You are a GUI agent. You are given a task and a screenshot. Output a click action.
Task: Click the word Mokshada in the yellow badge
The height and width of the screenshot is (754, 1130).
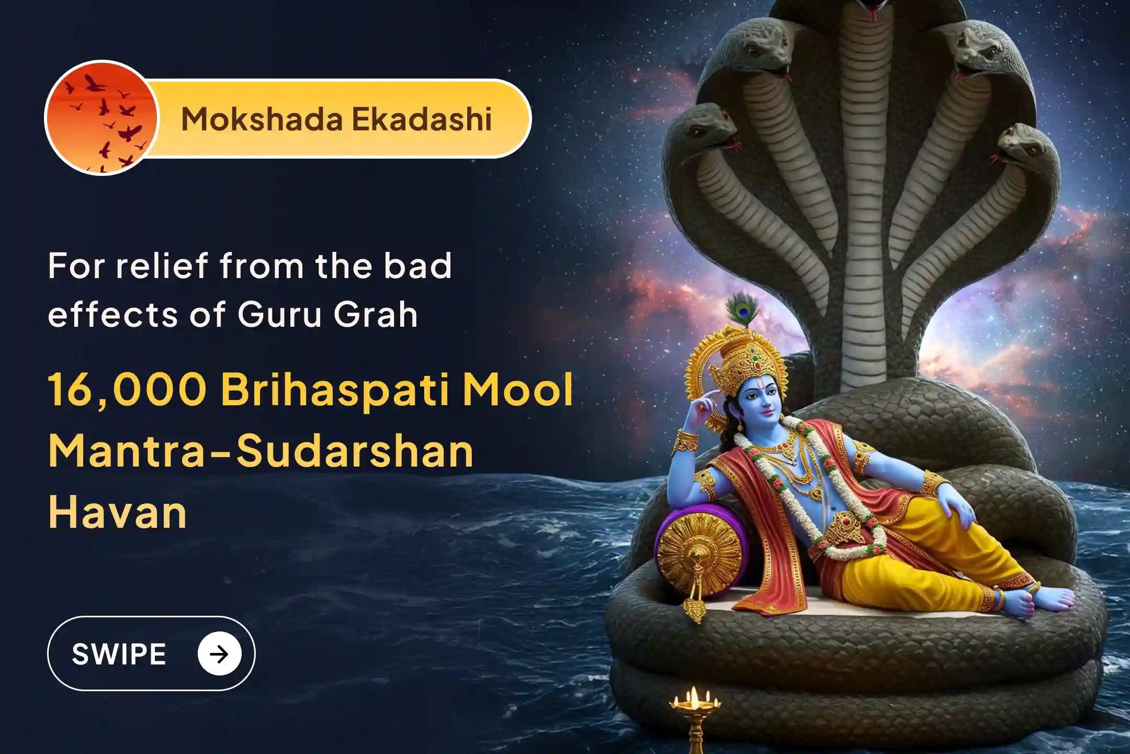[x=261, y=119]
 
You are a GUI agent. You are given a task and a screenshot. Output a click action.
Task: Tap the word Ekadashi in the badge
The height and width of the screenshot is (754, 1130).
[x=422, y=119]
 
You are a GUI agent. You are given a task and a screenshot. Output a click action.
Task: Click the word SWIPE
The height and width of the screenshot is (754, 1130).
[x=119, y=654]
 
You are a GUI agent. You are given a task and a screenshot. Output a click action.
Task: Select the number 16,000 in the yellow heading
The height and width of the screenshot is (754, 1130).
[x=128, y=390]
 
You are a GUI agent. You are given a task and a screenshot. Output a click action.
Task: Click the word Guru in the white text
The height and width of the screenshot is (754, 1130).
[x=279, y=314]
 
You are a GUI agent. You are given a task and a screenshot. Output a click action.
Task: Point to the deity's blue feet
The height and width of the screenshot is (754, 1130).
[x=1046, y=602]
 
